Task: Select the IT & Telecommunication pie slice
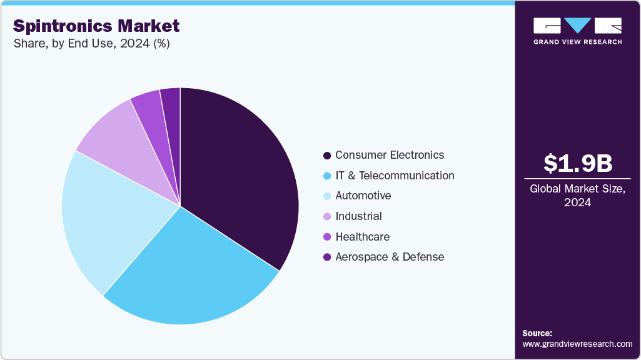tap(194, 275)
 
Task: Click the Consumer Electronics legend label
tap(389, 155)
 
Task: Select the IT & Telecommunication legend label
tap(395, 176)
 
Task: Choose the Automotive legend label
tap(363, 196)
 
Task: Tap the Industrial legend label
tap(358, 216)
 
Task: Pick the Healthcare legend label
tap(362, 237)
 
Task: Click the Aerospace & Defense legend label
tap(389, 257)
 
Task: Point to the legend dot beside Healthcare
tap(326, 237)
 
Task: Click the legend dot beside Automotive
tap(326, 196)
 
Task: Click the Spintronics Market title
tap(96, 26)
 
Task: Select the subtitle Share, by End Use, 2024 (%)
tap(91, 44)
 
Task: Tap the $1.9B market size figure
tap(577, 163)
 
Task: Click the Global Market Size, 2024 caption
tap(577, 195)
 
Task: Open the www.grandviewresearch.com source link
tap(577, 344)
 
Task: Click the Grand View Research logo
tap(577, 31)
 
